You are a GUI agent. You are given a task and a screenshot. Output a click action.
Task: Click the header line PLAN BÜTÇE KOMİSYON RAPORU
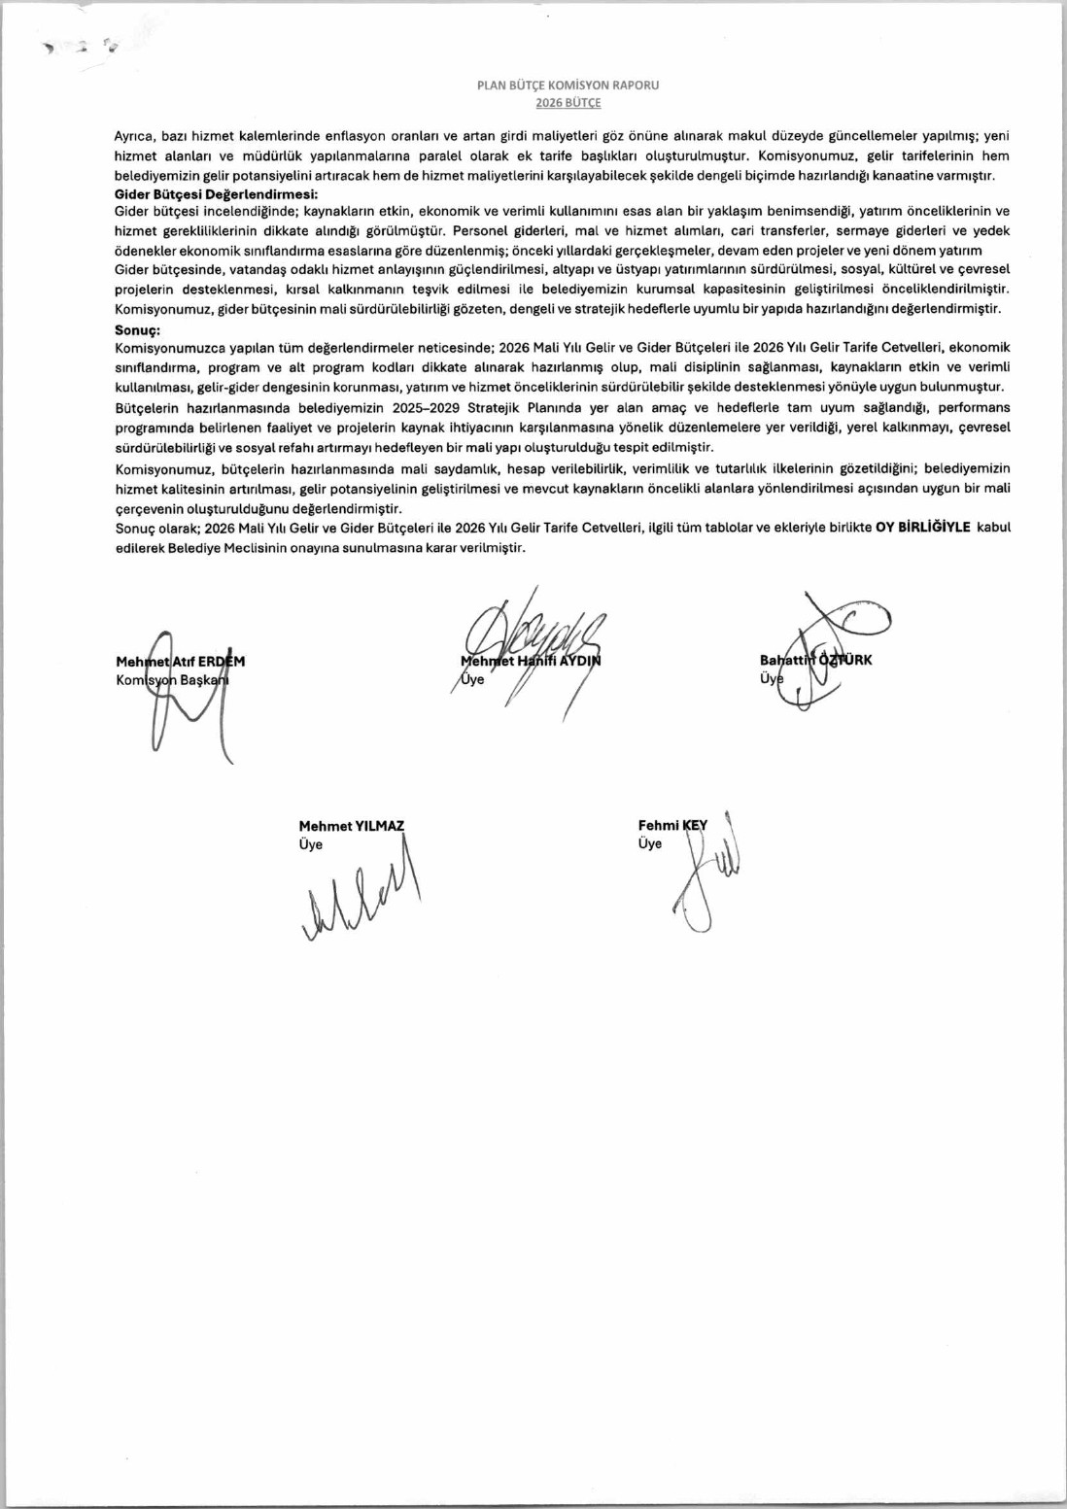pos(568,85)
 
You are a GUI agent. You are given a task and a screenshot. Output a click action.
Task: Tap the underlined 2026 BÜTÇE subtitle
pos(568,102)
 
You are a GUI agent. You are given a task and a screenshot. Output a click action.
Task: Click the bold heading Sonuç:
pos(137,330)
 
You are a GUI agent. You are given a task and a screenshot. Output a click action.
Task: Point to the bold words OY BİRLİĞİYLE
pos(922,528)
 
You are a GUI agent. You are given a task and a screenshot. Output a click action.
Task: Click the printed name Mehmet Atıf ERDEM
pos(181,662)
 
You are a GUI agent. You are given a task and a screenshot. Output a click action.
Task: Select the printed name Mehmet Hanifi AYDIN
pos(531,661)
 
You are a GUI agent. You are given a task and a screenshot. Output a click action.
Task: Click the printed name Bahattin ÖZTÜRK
pos(815,660)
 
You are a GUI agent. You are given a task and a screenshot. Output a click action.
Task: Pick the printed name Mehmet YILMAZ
pos(351,826)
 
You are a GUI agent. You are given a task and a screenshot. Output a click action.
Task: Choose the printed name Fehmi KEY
pos(672,825)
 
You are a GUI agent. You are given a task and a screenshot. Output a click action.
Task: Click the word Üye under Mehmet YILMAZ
pos(310,844)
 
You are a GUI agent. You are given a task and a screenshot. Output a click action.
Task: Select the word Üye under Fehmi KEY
pos(649,843)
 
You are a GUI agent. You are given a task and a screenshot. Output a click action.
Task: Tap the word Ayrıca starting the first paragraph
pos(135,136)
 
